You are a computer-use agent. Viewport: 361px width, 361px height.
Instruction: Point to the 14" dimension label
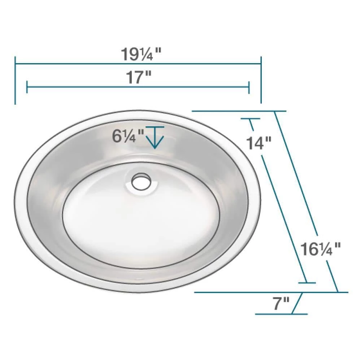[x=259, y=143]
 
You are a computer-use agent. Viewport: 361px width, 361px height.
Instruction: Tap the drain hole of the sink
[x=141, y=182]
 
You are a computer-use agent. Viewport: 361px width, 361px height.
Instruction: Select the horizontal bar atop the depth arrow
[x=155, y=127]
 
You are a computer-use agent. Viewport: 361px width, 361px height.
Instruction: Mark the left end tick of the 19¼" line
[x=15, y=80]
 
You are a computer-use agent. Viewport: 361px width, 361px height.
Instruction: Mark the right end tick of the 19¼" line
[x=261, y=80]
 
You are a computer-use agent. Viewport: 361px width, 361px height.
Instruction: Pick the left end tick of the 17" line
[x=27, y=87]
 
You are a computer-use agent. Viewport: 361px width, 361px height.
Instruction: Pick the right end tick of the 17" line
[x=249, y=87]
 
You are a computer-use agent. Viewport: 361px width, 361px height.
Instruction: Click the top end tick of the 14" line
[x=249, y=118]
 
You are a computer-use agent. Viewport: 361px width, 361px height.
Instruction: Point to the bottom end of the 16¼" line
[x=338, y=292]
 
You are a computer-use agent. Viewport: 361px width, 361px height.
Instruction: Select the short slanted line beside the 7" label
[x=297, y=303]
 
